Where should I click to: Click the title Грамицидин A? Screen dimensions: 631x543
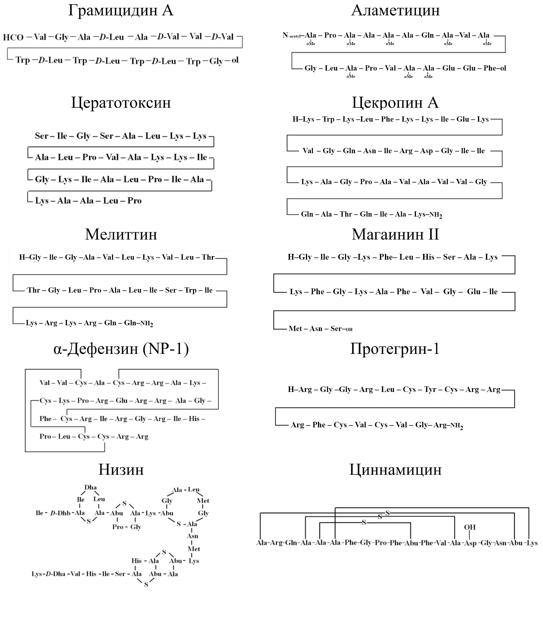121,10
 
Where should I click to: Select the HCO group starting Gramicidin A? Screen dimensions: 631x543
13,37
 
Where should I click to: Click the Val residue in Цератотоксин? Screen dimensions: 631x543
112,157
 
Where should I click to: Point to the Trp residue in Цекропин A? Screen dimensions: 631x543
328,119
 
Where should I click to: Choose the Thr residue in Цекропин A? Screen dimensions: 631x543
346,214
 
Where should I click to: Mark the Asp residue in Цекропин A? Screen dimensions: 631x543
426,151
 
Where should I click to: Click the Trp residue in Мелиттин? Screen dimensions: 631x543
190,290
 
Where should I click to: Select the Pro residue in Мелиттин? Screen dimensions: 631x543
95,290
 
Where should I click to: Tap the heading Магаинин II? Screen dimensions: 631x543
395,234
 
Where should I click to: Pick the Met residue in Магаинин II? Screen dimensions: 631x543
295,329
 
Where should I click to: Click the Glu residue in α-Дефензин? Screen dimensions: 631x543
121,400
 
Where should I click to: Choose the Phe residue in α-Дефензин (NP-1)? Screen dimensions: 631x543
45,419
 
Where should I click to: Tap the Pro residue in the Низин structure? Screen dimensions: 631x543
117,527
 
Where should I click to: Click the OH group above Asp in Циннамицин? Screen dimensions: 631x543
470,527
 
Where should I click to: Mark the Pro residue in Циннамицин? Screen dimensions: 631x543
381,543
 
